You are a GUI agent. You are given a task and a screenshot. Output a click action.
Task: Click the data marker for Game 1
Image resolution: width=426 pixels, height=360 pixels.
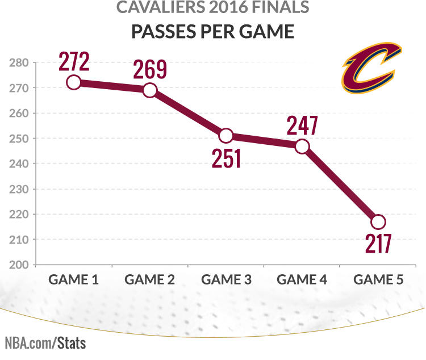(73, 82)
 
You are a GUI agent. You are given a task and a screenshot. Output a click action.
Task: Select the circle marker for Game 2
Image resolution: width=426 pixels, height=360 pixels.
(150, 90)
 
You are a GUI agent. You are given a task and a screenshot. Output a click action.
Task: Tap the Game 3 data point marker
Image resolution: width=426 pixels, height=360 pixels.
(226, 136)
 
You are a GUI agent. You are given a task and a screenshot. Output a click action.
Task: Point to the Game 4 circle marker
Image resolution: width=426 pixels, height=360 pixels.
(302, 146)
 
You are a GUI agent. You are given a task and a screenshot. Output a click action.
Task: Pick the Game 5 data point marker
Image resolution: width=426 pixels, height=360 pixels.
(378, 222)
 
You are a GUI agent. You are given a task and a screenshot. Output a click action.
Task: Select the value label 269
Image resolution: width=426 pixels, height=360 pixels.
(150, 69)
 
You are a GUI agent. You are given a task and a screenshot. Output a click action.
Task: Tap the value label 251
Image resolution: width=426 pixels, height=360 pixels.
(227, 158)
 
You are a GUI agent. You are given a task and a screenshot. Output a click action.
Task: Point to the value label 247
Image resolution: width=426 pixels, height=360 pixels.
(302, 125)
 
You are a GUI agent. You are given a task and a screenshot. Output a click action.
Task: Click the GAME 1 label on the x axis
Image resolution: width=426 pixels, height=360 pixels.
(73, 279)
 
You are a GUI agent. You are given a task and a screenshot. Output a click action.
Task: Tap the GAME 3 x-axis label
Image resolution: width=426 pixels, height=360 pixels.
(226, 279)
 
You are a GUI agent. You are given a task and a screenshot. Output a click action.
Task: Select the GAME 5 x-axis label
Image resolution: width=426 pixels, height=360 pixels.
(378, 279)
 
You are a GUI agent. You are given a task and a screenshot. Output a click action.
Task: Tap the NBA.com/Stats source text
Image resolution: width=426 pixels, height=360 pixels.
(45, 343)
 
